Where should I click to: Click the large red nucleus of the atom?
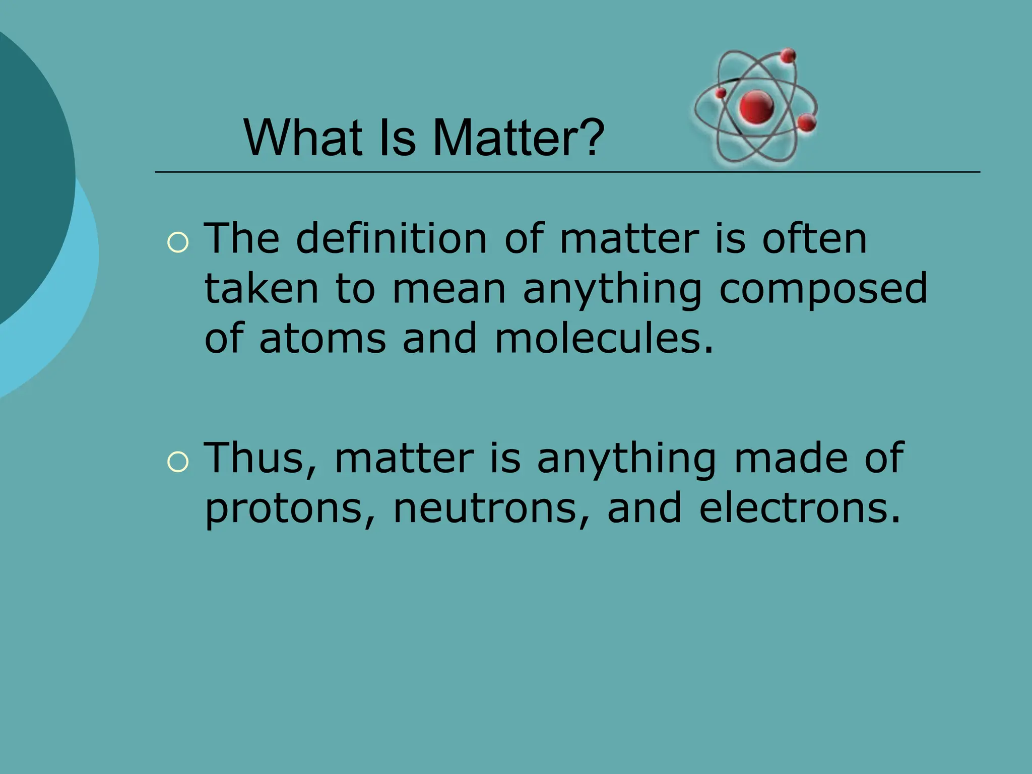point(756,107)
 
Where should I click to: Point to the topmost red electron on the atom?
point(788,56)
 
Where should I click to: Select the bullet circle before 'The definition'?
point(177,243)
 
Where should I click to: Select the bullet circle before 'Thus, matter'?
point(177,462)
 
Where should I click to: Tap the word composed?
point(823,288)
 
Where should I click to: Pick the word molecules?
point(604,339)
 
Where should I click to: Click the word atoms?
point(322,339)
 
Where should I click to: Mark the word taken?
point(262,288)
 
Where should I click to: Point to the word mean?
point(449,289)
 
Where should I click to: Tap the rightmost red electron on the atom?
point(807,122)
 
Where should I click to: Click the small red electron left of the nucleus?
point(721,93)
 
